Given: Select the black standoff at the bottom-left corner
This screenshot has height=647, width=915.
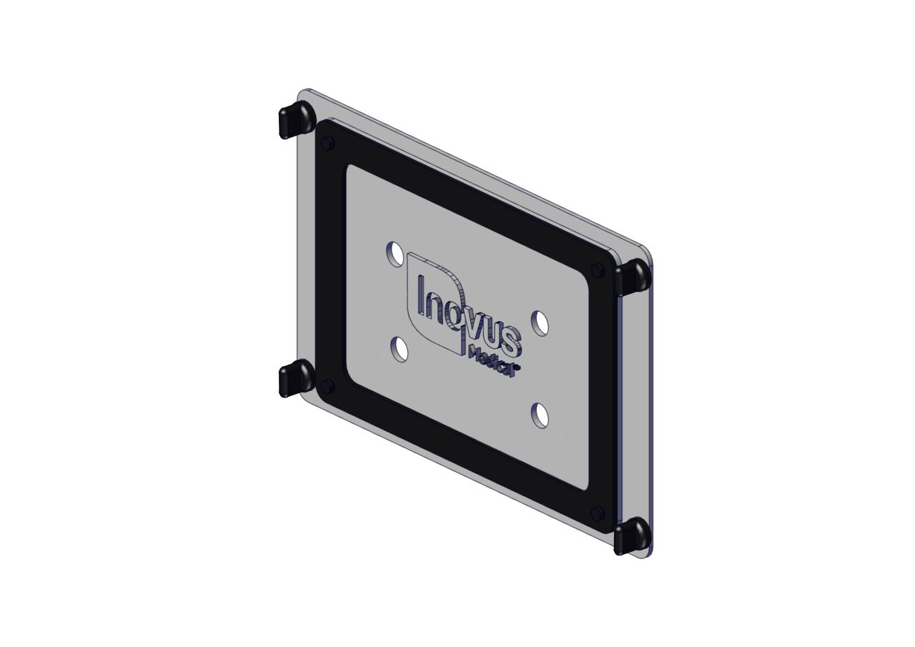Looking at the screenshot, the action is tap(297, 378).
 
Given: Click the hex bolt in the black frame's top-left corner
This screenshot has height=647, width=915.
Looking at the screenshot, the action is tap(328, 144).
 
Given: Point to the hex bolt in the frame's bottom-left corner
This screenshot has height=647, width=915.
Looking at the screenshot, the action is tap(328, 385).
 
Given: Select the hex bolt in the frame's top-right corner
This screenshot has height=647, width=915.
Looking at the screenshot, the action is tap(598, 270).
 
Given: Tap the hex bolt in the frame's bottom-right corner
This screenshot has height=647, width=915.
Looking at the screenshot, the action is tap(598, 513).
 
